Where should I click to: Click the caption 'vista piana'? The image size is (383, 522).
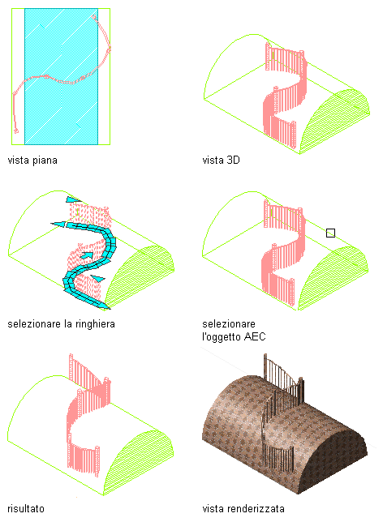click(x=32, y=160)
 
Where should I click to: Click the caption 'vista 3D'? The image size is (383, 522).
click(x=221, y=160)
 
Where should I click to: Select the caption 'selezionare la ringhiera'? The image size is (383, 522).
click(x=61, y=324)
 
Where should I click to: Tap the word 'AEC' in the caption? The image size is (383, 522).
click(x=254, y=336)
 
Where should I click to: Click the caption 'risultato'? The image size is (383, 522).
click(x=26, y=509)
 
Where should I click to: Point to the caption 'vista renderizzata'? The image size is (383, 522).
click(x=243, y=509)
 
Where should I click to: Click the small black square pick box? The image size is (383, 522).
click(x=330, y=233)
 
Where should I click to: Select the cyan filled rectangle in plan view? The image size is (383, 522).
click(x=62, y=76)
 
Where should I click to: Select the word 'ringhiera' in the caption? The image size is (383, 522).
click(x=95, y=324)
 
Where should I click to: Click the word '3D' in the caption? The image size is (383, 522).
click(x=234, y=160)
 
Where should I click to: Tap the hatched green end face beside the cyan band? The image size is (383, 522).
click(x=140, y=278)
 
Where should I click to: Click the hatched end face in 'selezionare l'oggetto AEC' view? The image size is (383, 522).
click(x=334, y=278)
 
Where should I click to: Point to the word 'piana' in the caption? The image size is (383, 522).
click(x=45, y=160)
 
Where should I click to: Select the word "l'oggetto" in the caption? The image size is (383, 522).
click(x=222, y=336)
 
